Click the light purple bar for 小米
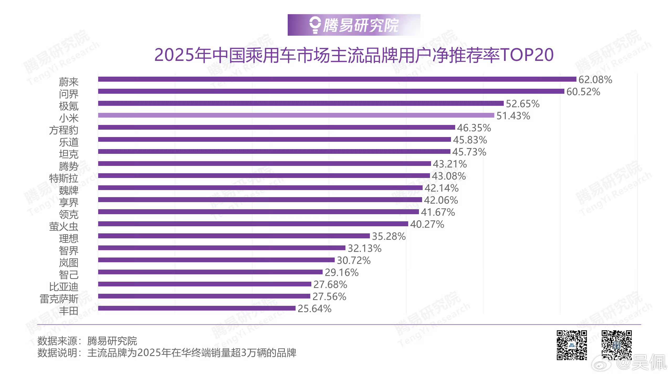click(x=296, y=115)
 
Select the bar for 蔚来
click(x=337, y=79)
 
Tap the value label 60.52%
click(x=583, y=92)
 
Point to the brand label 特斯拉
click(x=64, y=178)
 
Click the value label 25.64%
click(x=314, y=309)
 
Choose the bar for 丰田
click(x=197, y=308)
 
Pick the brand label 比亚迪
click(x=64, y=287)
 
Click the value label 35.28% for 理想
click(x=388, y=237)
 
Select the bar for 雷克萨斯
click(x=204, y=296)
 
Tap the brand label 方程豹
click(x=64, y=130)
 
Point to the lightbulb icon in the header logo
click(x=315, y=25)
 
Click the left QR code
click(x=572, y=345)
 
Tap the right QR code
click(x=616, y=345)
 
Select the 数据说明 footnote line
click(x=167, y=353)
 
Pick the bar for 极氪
click(x=301, y=103)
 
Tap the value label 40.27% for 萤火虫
click(x=427, y=224)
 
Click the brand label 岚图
click(x=69, y=263)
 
